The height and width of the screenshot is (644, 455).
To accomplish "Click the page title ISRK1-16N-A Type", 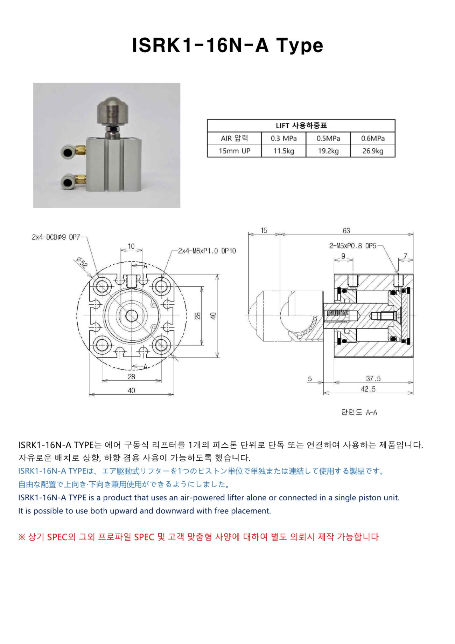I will click(227, 45).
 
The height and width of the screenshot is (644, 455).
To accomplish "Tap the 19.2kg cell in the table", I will click(328, 151).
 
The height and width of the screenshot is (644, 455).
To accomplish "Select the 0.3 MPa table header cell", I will click(283, 138).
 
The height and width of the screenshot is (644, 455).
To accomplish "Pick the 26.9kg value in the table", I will click(373, 151).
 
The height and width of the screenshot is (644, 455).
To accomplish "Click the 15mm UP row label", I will click(234, 151).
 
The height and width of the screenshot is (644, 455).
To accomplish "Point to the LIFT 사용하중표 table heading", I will click(301, 126).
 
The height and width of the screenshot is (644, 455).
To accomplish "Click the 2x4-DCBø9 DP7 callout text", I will click(56, 237).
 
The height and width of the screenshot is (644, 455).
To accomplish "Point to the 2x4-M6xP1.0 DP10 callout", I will click(207, 251).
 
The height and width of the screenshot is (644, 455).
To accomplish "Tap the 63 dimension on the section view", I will click(346, 231).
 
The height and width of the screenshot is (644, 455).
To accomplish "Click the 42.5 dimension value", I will click(368, 389).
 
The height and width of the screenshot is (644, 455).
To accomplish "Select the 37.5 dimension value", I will click(373, 379).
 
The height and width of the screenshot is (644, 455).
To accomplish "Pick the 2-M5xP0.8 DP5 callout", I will click(352, 246).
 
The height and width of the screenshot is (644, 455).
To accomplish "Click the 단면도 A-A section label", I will click(359, 412).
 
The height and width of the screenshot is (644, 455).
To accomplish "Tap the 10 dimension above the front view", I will click(131, 246).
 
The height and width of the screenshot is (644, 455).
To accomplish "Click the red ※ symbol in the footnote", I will click(22, 537).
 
